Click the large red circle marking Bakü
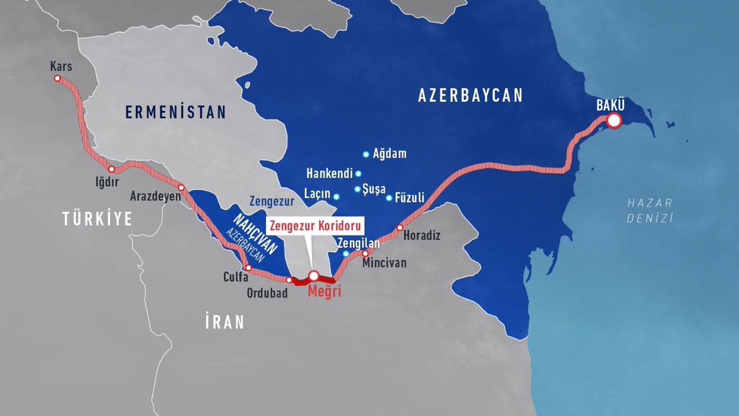pos(613,121)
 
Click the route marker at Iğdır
pos(111,169)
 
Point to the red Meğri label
pos(323,292)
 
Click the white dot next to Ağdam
pos(366,154)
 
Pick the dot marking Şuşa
pos(357,189)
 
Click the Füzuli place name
pos(410,198)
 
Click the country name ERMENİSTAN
pos(176,112)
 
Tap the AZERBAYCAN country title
pos(470,96)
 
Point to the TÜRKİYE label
pos(97,218)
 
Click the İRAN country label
pos(225,322)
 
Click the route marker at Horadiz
pos(399,228)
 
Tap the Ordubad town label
pos(267,294)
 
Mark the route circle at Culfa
pos(248,268)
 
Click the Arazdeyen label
pos(155,197)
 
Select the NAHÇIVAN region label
pos(254,232)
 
